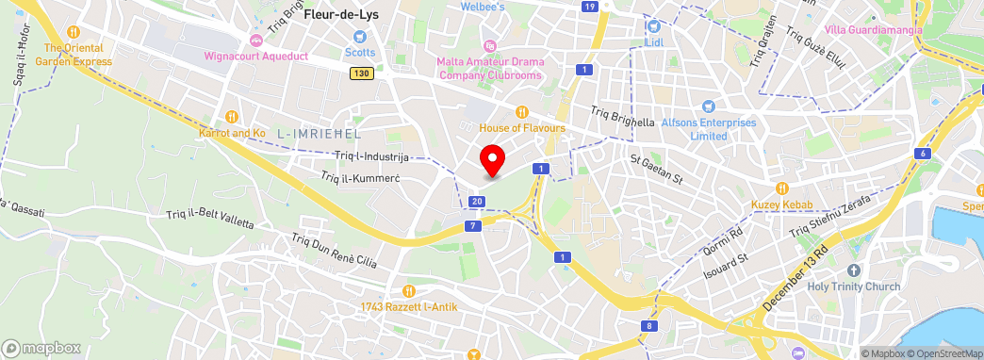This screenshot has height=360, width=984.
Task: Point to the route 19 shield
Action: click(x=589, y=7)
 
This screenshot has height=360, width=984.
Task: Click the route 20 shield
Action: click(x=478, y=202)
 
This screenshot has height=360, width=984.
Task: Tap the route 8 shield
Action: click(x=649, y=327)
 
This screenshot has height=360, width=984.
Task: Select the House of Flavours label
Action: click(x=522, y=127)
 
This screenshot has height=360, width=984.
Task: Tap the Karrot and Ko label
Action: click(x=232, y=134)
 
